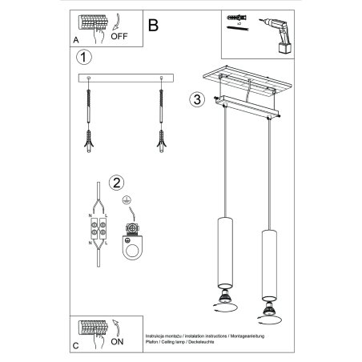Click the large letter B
tap(153, 24)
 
